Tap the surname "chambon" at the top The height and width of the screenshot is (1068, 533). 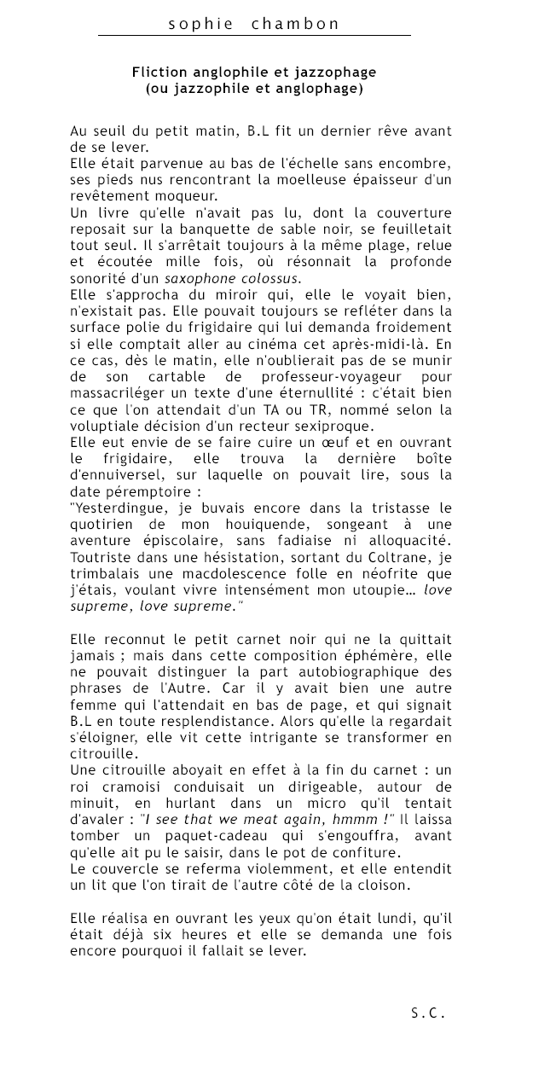click(x=296, y=24)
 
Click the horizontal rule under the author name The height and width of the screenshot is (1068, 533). click(x=254, y=36)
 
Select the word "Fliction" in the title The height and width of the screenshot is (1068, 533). click(x=159, y=73)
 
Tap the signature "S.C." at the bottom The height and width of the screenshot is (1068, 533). click(x=427, y=1013)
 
